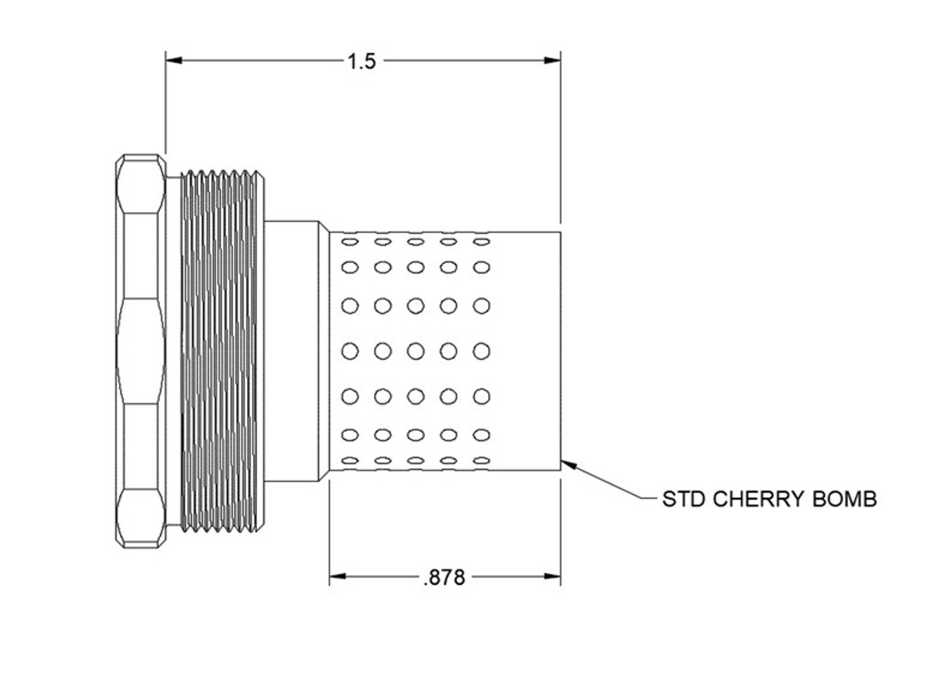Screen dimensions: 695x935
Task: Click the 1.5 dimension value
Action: (361, 61)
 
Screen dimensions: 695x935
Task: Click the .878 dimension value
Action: (443, 578)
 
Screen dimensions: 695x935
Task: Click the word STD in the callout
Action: (684, 499)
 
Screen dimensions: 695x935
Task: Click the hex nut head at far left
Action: (140, 351)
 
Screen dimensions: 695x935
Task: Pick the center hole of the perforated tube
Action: (416, 352)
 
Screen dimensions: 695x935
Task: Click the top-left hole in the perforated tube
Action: (351, 241)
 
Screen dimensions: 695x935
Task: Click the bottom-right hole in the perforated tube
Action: (481, 461)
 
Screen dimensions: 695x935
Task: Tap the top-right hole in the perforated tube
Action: (481, 241)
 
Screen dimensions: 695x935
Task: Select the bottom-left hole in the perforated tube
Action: (351, 461)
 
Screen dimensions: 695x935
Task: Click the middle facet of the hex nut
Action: (140, 351)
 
